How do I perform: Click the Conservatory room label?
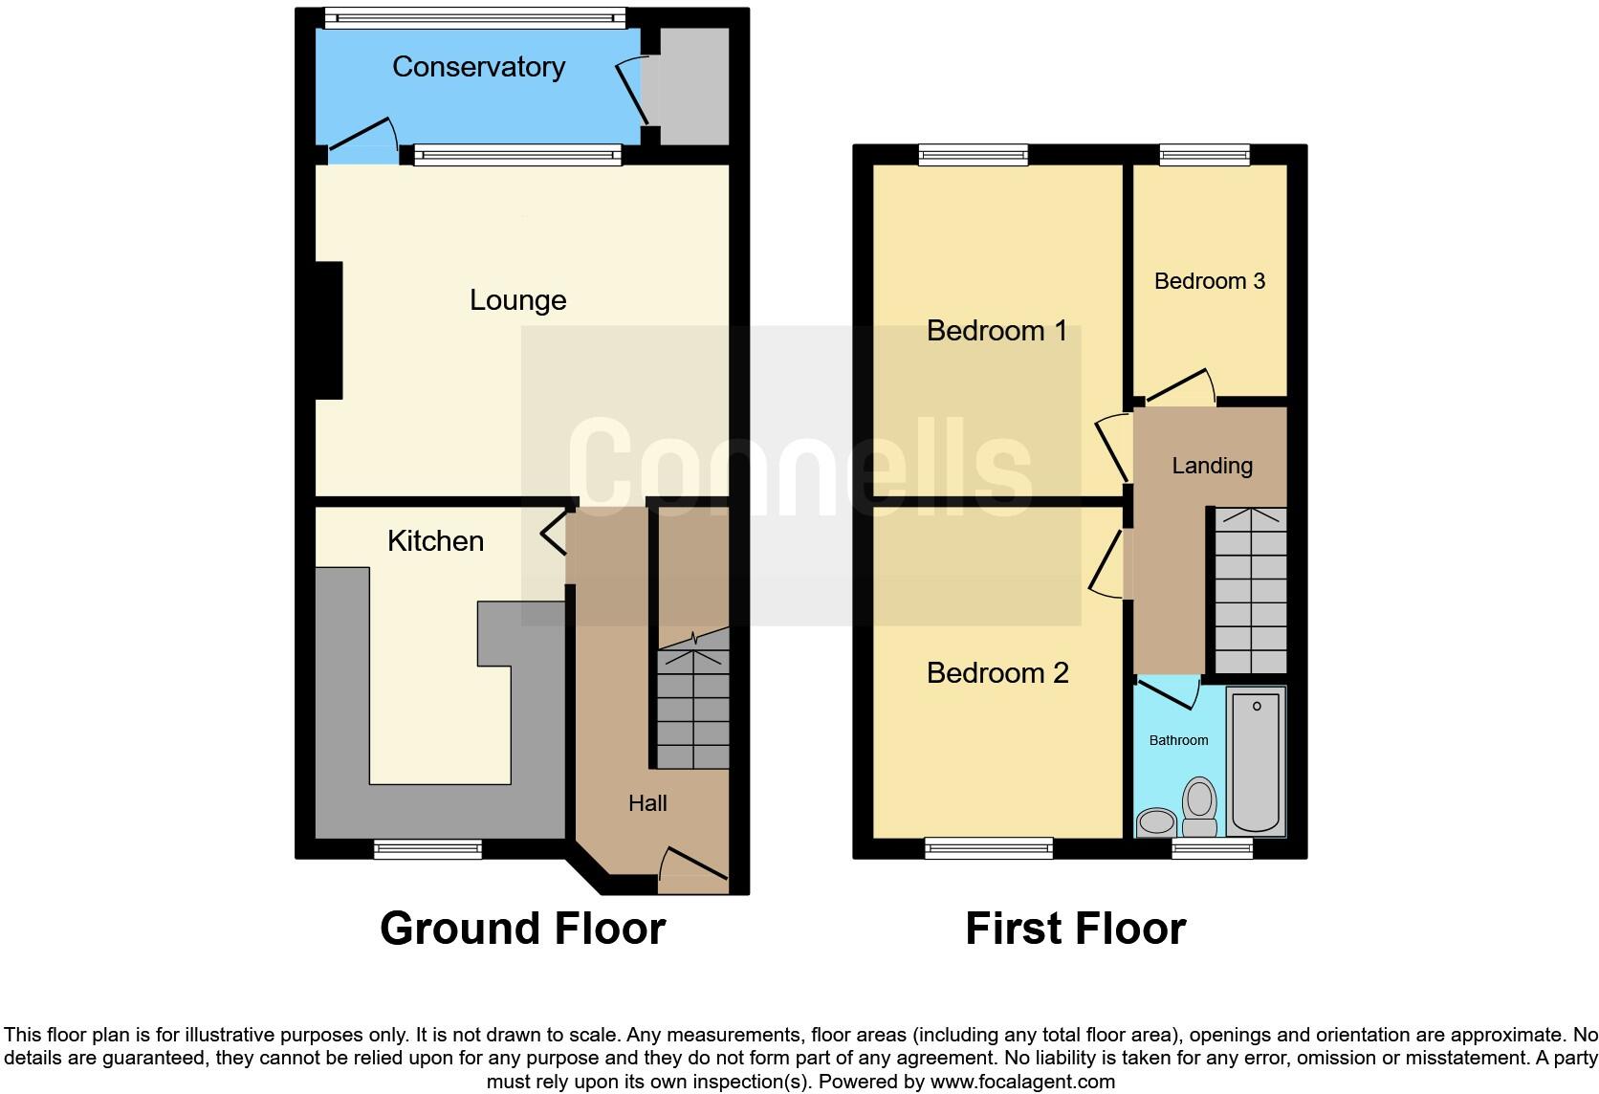click(x=478, y=67)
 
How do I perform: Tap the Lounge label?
click(x=517, y=300)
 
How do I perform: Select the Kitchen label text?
click(x=435, y=541)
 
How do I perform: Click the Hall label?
click(x=647, y=803)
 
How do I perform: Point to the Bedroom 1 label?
click(x=997, y=331)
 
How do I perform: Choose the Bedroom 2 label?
click(x=997, y=673)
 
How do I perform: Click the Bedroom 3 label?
click(x=1210, y=281)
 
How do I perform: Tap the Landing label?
click(x=1212, y=466)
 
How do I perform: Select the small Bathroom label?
click(x=1178, y=740)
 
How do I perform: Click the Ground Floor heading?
click(x=522, y=929)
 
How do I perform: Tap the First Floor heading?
click(x=1075, y=929)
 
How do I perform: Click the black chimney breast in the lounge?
click(x=329, y=330)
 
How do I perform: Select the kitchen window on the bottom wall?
click(x=427, y=848)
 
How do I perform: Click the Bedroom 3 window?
click(x=1204, y=154)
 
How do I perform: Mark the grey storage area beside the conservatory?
click(x=693, y=86)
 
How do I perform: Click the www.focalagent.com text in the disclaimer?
click(x=1021, y=1083)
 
